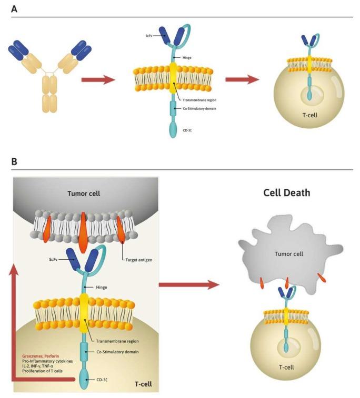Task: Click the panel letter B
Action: [x=14, y=161]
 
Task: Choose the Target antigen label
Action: [x=138, y=259]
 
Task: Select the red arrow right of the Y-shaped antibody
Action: [x=98, y=80]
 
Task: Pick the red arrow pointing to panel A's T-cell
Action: [x=242, y=80]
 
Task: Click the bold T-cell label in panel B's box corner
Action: [x=142, y=384]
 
